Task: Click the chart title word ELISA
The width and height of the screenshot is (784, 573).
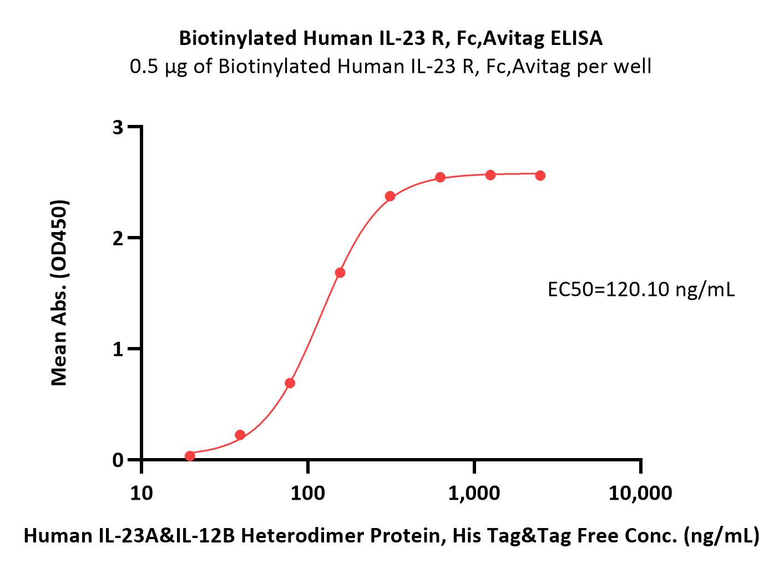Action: click(x=576, y=38)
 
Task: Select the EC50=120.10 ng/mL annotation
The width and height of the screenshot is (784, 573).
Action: click(x=641, y=290)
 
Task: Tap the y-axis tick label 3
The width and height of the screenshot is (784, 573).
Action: click(x=118, y=128)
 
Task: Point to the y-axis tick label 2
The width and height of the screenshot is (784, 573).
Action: click(x=118, y=239)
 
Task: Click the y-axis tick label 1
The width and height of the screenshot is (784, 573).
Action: click(x=118, y=349)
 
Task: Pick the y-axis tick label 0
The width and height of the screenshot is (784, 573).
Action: click(x=118, y=460)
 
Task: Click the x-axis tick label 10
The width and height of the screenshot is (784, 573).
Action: click(x=141, y=494)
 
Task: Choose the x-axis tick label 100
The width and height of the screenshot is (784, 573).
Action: click(x=307, y=494)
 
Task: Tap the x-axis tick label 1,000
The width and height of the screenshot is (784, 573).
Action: click(x=474, y=494)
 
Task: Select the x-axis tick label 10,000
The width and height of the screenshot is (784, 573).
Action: click(x=640, y=494)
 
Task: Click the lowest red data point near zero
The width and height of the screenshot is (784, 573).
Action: click(x=190, y=456)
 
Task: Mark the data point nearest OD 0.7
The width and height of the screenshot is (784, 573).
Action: click(x=290, y=383)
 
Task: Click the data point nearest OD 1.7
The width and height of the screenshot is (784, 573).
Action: click(x=340, y=273)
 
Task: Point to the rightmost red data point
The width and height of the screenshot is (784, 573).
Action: click(x=540, y=175)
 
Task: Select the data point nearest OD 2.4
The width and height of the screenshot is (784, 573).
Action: click(x=390, y=196)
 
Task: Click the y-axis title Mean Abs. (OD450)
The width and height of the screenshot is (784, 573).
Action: click(x=59, y=293)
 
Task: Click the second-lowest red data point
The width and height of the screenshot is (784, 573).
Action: click(x=240, y=435)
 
